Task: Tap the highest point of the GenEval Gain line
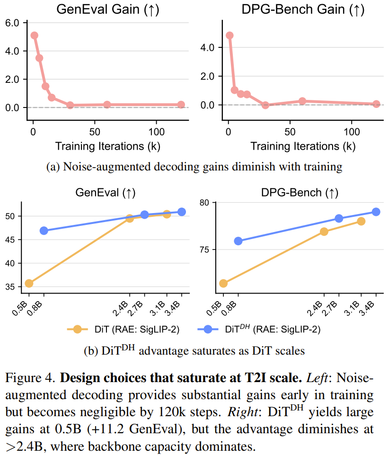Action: (x=34, y=36)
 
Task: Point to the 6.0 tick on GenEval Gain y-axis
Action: (x=11, y=23)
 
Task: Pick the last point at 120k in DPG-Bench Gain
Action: (x=376, y=104)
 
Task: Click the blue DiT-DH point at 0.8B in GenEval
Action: (x=44, y=231)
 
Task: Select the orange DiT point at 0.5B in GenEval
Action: (x=29, y=283)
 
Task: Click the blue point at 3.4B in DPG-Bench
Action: (x=376, y=212)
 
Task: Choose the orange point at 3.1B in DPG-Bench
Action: (x=361, y=221)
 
